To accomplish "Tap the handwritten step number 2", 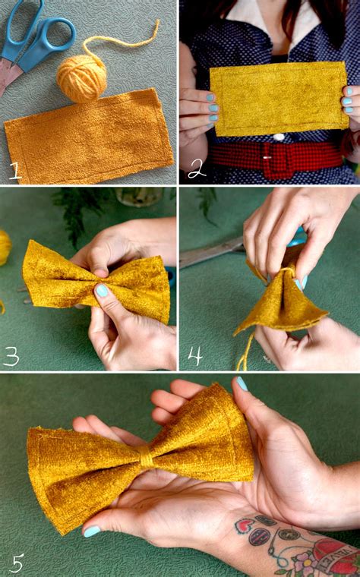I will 197,169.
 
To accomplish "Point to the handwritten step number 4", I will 196,354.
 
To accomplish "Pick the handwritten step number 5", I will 17,562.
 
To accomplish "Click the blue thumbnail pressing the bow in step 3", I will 102,290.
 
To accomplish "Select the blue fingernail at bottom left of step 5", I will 91,531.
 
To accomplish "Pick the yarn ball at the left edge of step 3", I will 5,248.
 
